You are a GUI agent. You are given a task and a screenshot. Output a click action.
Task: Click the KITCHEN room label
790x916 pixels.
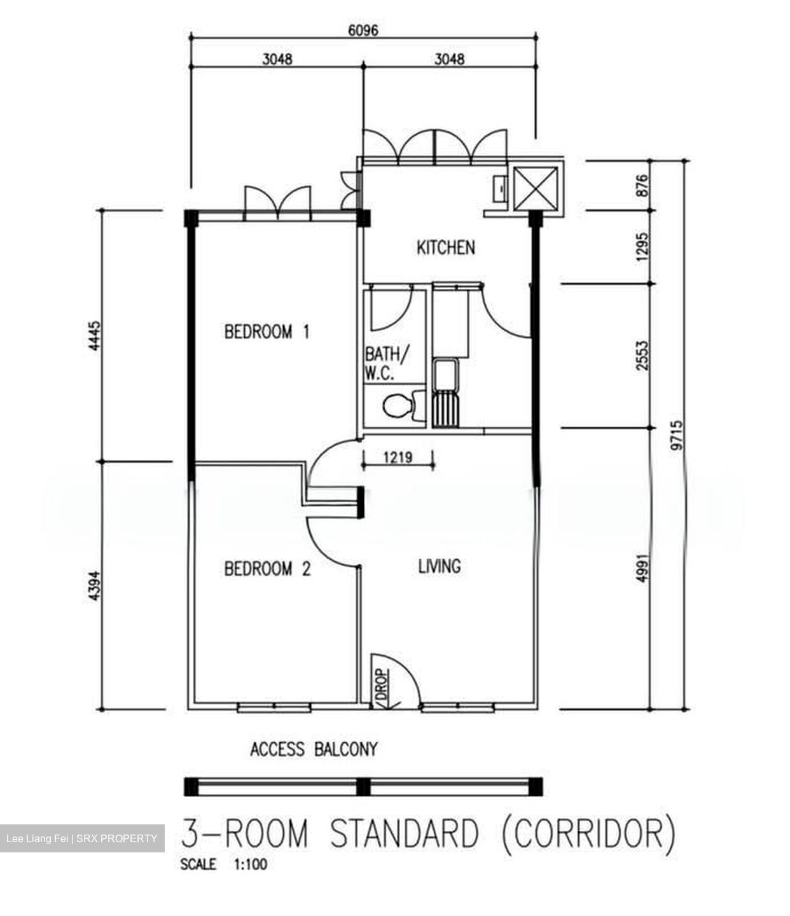[x=446, y=247]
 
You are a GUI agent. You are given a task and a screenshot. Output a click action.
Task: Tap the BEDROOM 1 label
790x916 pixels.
[x=267, y=331]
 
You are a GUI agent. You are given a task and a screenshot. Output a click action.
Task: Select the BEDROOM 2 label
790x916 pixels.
[x=267, y=569]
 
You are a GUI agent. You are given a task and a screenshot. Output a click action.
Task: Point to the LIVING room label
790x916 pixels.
[x=440, y=566]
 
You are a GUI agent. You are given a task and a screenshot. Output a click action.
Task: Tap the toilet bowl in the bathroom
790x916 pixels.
[x=398, y=405]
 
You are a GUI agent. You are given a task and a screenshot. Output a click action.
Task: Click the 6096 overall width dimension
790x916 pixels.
[x=363, y=30]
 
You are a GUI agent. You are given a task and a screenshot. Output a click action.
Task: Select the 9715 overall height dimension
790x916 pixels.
[x=677, y=435]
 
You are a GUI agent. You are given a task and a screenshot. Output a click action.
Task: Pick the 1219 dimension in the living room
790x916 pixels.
[x=398, y=457]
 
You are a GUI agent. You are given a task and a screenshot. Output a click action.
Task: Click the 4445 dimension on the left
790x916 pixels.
[x=94, y=335]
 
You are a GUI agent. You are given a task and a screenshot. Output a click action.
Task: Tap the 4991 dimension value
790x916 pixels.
[x=642, y=568]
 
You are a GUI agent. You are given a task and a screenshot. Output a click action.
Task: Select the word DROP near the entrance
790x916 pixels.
[x=382, y=684]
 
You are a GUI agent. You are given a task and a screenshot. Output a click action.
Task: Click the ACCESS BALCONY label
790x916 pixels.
[x=314, y=749]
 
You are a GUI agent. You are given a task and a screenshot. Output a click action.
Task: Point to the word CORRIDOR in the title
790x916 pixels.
[x=589, y=833]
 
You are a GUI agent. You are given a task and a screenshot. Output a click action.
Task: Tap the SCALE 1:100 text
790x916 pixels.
[x=224, y=864]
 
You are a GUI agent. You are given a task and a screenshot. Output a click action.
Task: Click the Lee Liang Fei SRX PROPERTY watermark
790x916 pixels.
[x=82, y=838]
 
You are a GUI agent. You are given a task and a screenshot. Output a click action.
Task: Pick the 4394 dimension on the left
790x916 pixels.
[x=94, y=586]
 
